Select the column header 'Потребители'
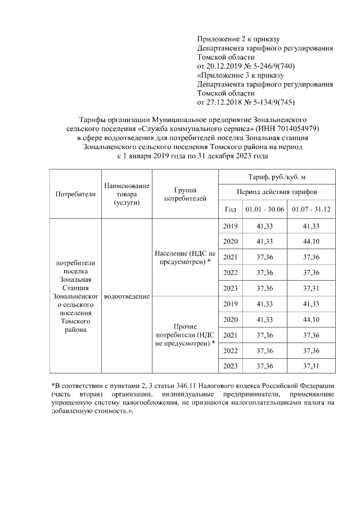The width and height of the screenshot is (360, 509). point(75,194)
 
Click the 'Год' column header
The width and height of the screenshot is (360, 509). point(230,210)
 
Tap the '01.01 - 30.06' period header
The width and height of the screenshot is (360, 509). point(264,210)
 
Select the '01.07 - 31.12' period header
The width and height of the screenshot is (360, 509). point(310,210)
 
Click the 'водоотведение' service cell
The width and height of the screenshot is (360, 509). point(127,296)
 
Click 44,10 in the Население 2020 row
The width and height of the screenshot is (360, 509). point(310,241)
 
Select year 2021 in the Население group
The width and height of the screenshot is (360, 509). point(230,257)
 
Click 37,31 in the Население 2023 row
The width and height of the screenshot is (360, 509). point(310,287)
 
